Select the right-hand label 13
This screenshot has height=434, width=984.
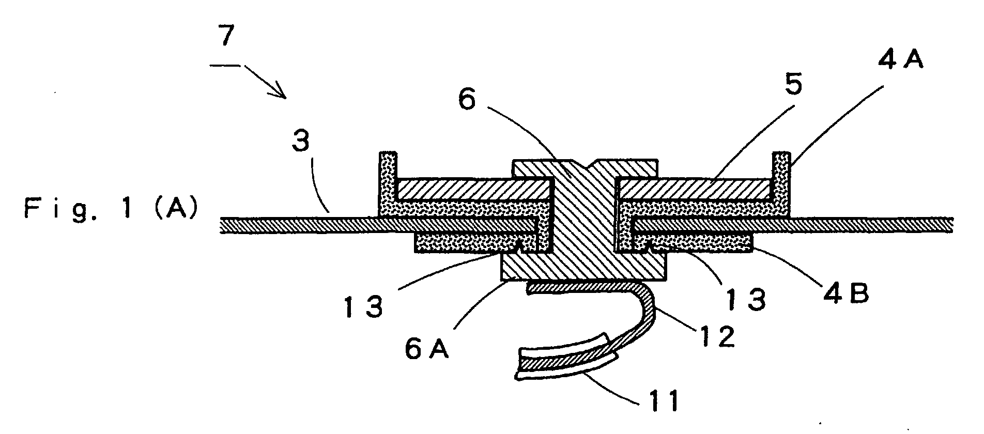745,298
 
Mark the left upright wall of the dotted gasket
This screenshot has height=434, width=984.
388,178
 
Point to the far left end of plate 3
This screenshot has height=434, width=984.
220,225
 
